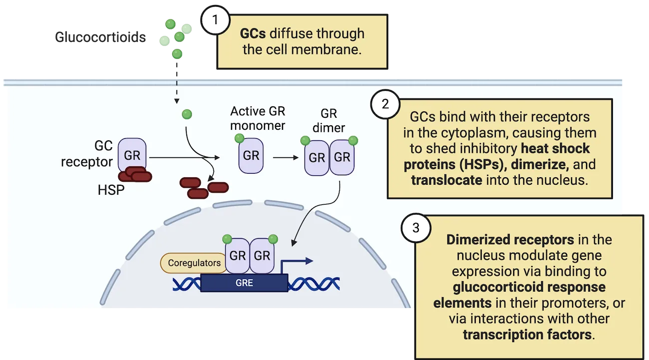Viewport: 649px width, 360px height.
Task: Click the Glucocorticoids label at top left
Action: [101, 37]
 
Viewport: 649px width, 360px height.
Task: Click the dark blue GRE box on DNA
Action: [244, 283]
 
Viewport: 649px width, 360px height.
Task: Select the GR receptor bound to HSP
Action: [132, 155]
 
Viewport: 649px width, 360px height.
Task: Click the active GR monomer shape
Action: [251, 155]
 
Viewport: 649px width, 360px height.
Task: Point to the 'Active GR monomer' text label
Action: [258, 118]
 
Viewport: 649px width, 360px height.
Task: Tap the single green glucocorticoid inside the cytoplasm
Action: [187, 114]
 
